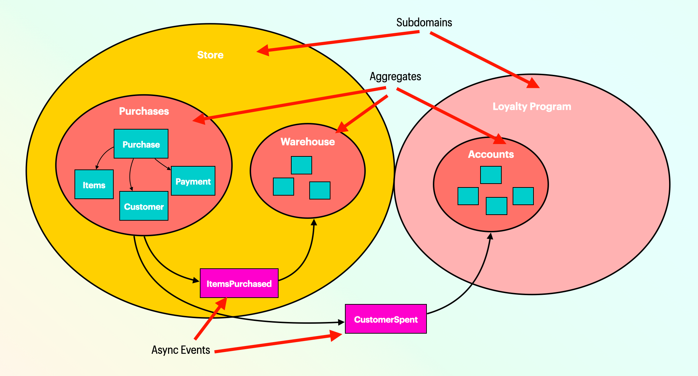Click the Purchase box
click(x=141, y=144)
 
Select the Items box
click(x=94, y=185)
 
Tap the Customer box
click(x=144, y=206)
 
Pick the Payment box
click(x=193, y=181)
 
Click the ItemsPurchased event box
click(x=239, y=284)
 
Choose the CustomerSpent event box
click(x=386, y=319)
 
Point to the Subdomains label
click(x=424, y=23)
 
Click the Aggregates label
click(x=395, y=77)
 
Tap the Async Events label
click(x=181, y=350)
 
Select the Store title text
click(x=210, y=55)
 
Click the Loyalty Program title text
click(x=532, y=107)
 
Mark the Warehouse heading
click(x=308, y=142)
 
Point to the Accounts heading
click(x=491, y=155)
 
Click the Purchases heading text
click(x=144, y=112)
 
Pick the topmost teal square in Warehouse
click(x=301, y=165)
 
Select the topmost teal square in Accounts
click(x=491, y=175)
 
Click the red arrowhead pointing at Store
click(x=263, y=50)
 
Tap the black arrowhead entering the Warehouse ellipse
click(x=314, y=222)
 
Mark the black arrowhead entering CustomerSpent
click(x=341, y=322)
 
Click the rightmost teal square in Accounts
click(x=523, y=196)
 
